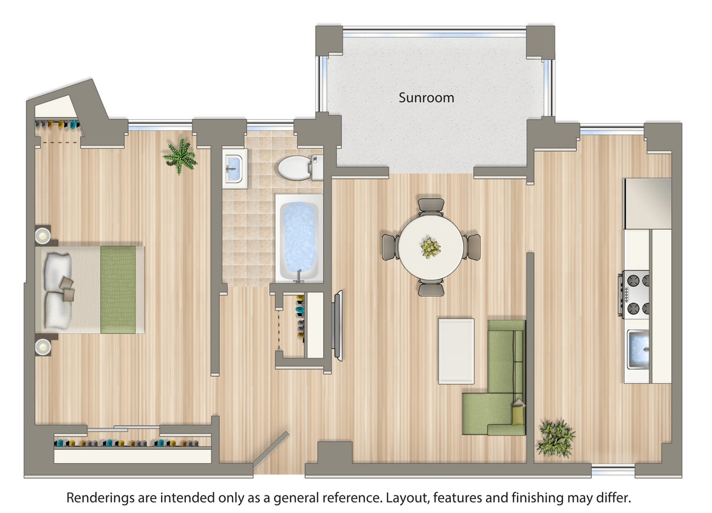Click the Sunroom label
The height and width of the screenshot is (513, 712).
[426, 97]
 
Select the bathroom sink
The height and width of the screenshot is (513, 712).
[234, 167]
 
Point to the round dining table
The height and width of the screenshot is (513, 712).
[431, 246]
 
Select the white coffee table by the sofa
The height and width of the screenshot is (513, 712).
[456, 351]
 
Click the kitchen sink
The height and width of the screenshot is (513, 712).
[638, 350]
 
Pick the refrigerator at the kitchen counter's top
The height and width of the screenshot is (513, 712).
[648, 203]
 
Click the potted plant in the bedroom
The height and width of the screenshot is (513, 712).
[180, 156]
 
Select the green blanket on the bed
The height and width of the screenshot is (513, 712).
[118, 289]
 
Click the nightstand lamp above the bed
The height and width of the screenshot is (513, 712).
[43, 235]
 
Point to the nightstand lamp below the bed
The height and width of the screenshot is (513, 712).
[43, 346]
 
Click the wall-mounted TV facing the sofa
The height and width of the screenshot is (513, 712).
[338, 325]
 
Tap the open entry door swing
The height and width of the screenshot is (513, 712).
[271, 451]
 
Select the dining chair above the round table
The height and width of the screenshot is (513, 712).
[431, 205]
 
